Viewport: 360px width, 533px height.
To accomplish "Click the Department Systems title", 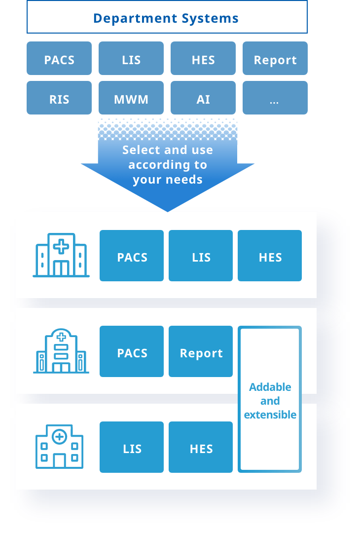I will pyautogui.click(x=167, y=18).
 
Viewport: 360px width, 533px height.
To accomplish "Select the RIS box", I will pyautogui.click(x=59, y=99).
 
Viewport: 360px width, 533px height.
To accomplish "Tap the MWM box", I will pyautogui.click(x=131, y=99).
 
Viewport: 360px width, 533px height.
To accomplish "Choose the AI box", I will pyautogui.click(x=203, y=99).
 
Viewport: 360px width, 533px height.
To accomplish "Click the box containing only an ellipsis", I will pyautogui.click(x=275, y=99).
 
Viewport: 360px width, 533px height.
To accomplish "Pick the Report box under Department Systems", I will pyautogui.click(x=275, y=59).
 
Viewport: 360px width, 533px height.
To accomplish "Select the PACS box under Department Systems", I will pyautogui.click(x=59, y=59).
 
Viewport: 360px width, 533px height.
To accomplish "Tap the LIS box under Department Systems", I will pyautogui.click(x=131, y=59).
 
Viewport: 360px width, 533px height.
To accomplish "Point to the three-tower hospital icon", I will pyautogui.click(x=61, y=255).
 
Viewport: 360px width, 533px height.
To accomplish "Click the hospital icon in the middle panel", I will pyautogui.click(x=61, y=351).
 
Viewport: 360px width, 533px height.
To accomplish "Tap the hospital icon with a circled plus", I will pyautogui.click(x=59, y=447).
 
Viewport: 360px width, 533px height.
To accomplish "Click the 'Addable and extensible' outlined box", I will pyautogui.click(x=270, y=400).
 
